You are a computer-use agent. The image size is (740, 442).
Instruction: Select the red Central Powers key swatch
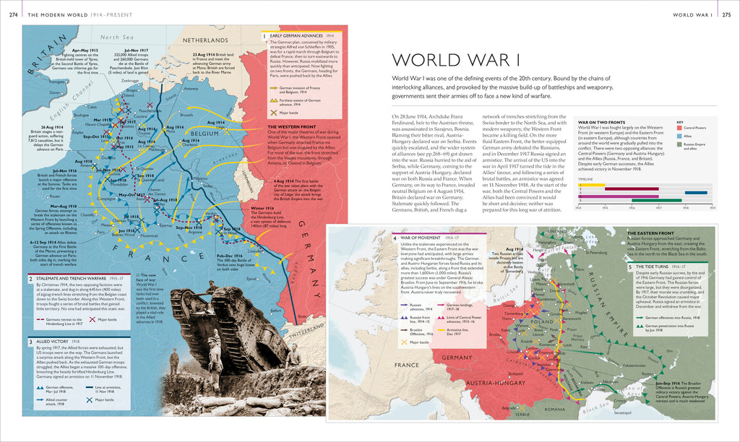point(679,127)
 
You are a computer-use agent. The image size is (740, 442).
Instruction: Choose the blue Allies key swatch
point(679,136)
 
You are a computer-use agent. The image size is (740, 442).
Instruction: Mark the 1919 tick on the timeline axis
point(713,208)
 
